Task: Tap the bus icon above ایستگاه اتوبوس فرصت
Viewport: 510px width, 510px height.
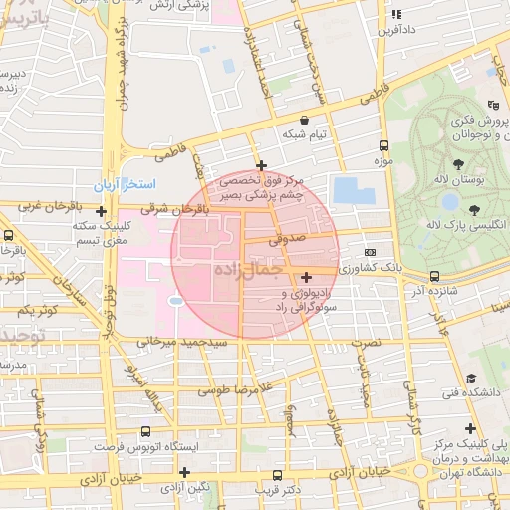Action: click(146, 432)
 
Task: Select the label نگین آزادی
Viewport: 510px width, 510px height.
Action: click(186, 487)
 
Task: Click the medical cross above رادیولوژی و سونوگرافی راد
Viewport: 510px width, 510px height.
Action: click(305, 276)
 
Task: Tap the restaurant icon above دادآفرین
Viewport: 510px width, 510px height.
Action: click(396, 15)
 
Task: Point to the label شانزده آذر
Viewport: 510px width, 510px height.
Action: click(430, 291)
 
